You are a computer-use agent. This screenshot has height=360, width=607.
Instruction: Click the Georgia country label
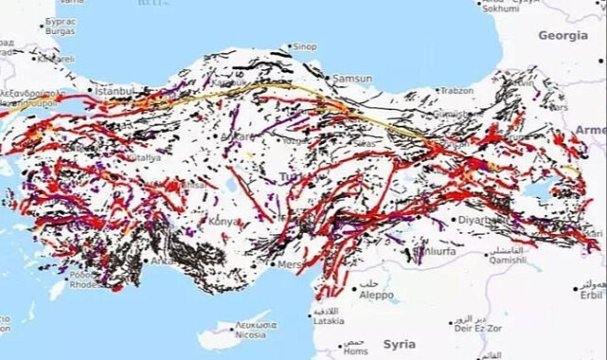pos(562,35)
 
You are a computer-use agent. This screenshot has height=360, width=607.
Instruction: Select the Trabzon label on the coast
pos(455,91)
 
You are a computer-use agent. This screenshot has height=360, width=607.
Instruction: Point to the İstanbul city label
pos(114,92)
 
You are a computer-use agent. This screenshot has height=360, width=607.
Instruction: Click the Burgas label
pos(59,31)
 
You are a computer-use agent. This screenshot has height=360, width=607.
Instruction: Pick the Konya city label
pos(225,222)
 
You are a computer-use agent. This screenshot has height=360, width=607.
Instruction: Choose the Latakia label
pos(328,321)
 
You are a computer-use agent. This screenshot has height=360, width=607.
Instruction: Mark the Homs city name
pos(354,351)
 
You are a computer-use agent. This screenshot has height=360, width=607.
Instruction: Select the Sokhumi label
pos(500,9)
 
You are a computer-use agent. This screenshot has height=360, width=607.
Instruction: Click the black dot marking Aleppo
pos(356,286)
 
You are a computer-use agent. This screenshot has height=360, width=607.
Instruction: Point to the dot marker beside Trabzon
pos(437,92)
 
